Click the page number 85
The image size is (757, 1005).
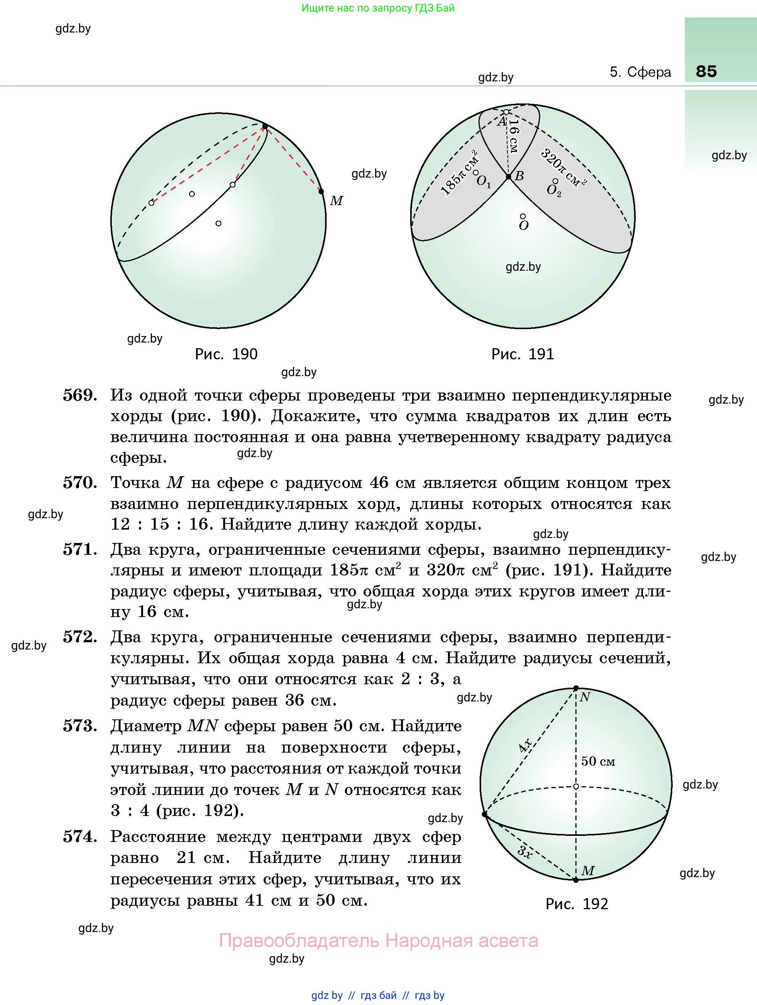[706, 71]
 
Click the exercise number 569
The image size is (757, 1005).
[80, 395]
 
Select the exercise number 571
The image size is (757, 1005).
[80, 550]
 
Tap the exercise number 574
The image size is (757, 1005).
[80, 837]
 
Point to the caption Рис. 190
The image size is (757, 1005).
[226, 354]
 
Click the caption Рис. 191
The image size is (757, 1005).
[523, 354]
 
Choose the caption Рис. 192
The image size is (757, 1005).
[577, 904]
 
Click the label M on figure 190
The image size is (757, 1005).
[336, 200]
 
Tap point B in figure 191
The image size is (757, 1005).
[509, 177]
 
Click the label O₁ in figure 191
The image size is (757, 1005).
[483, 182]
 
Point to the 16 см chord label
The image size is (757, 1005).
[514, 136]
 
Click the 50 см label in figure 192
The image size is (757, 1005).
[598, 761]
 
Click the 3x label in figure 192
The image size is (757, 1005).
[525, 852]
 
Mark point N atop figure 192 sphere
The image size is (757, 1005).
[576, 688]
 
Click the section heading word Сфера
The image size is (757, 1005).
[649, 72]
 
